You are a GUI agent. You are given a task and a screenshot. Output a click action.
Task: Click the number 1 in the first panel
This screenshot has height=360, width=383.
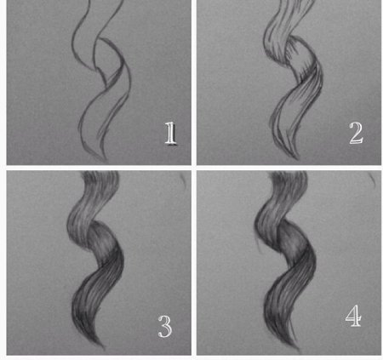click(171, 134)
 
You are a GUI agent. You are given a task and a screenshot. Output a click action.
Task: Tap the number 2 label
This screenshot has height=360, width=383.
click(356, 133)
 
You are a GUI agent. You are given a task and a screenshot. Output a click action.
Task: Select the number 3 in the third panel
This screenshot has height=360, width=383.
click(165, 327)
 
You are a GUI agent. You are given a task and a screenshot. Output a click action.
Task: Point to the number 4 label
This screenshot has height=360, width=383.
click(353, 316)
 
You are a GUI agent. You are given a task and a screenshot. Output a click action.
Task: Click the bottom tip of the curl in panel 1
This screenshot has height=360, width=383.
click(106, 161)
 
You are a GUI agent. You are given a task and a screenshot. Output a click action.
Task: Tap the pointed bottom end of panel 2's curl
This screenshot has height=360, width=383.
click(297, 158)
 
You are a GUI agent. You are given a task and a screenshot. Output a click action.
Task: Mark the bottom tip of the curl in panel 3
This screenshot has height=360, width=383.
click(104, 347)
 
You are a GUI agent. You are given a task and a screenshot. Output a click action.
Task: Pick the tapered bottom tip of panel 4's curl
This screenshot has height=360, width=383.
click(298, 350)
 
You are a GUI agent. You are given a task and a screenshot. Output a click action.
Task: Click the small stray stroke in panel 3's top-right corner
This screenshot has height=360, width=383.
click(184, 180)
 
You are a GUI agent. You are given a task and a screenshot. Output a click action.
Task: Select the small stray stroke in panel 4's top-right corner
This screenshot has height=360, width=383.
click(373, 180)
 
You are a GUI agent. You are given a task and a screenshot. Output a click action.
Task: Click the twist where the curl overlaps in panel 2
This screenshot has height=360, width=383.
click(292, 40)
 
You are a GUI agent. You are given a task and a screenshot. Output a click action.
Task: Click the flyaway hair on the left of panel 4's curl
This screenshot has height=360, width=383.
click(259, 244)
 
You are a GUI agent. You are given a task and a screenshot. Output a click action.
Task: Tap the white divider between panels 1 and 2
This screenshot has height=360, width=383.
click(194, 83)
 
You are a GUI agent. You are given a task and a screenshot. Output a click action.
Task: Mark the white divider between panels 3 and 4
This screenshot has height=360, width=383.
click(194, 263)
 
